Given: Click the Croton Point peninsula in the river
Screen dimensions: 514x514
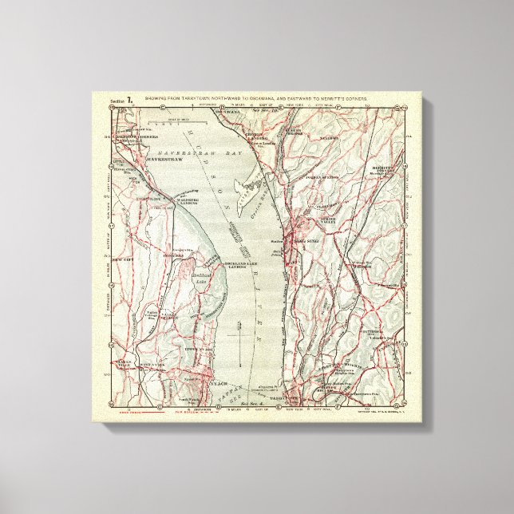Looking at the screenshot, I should [244, 182].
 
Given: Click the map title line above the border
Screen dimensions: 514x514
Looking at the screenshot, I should [264, 100].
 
